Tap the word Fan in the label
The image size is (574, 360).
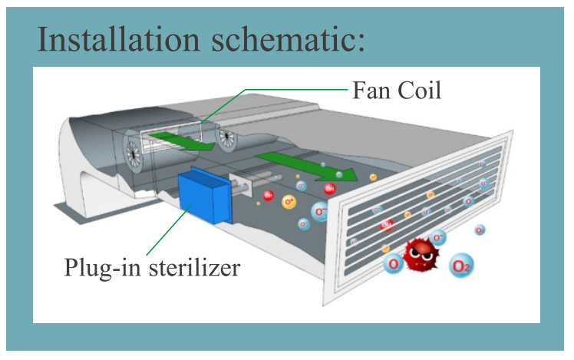[372, 91]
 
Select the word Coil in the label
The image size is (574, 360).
[421, 91]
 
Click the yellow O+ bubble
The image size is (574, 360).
[289, 202]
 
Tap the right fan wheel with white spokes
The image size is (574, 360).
[227, 139]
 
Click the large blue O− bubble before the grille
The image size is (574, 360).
[322, 212]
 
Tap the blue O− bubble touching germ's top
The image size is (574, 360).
[437, 237]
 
